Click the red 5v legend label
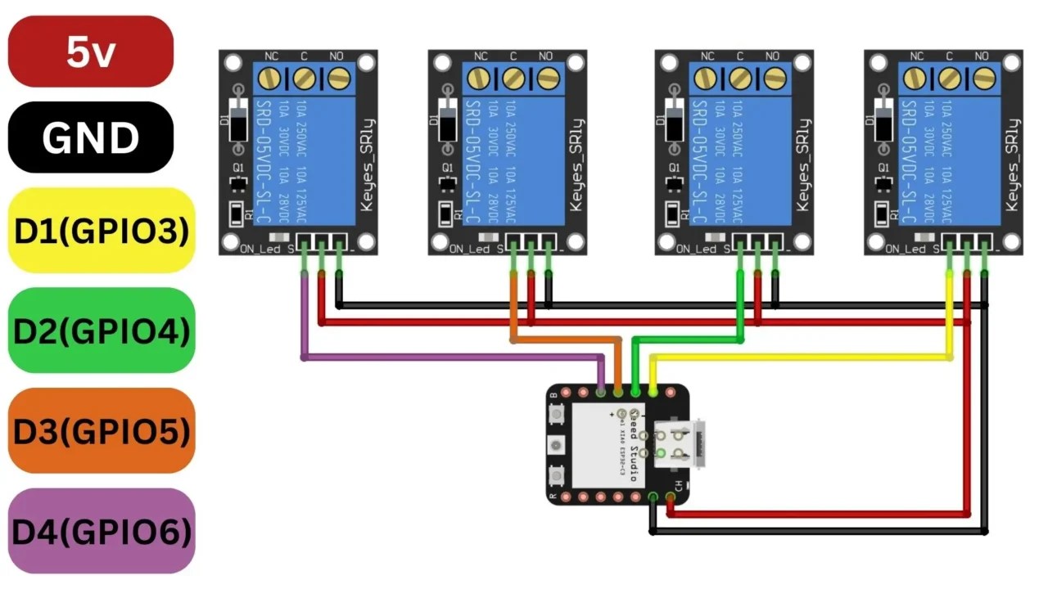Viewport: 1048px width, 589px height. point(90,52)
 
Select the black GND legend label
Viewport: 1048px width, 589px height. point(90,137)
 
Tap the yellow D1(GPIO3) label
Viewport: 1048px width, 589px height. point(102,231)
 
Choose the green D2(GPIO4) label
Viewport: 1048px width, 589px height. point(102,330)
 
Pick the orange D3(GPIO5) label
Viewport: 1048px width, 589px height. point(102,430)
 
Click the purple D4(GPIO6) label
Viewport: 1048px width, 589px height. point(102,531)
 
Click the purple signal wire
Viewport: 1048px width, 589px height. point(450,357)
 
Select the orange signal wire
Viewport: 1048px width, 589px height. point(565,339)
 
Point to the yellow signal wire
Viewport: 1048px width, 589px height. point(802,357)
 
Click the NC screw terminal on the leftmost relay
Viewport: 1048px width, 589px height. point(270,79)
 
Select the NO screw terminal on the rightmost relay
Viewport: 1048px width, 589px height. point(984,79)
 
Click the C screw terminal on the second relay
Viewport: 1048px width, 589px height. point(513,79)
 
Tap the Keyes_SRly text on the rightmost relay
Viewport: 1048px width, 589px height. point(1012,164)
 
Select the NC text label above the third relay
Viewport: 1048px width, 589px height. point(707,56)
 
